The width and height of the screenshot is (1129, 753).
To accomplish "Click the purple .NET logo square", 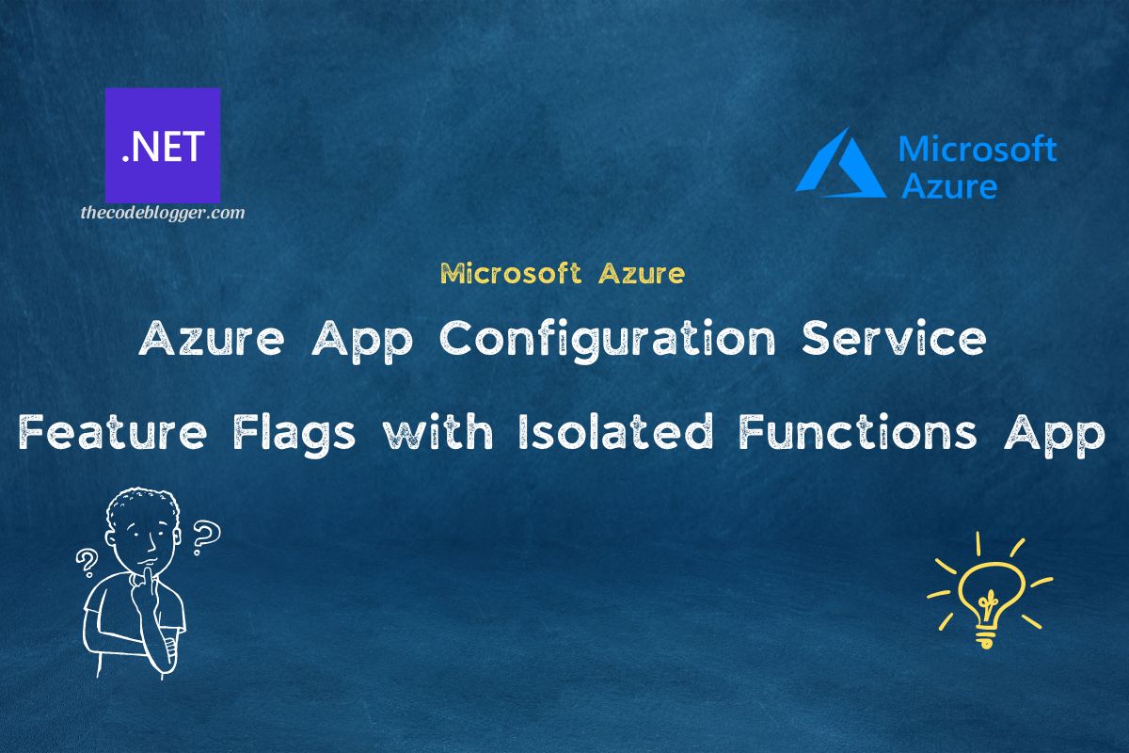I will (x=163, y=146).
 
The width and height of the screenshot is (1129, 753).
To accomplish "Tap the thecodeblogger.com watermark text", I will (x=162, y=213).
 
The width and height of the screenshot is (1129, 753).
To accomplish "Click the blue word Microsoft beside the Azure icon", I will (x=978, y=149).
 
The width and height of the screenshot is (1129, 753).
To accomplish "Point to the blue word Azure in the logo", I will (x=948, y=185).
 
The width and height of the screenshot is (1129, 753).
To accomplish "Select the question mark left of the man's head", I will (x=87, y=562).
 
